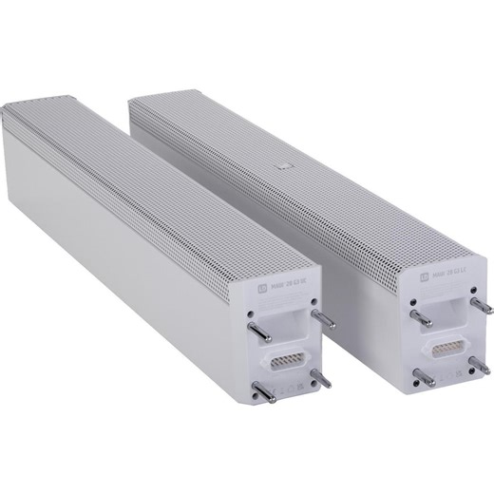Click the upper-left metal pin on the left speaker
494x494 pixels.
coord(256,329)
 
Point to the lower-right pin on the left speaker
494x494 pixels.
coord(323,377)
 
